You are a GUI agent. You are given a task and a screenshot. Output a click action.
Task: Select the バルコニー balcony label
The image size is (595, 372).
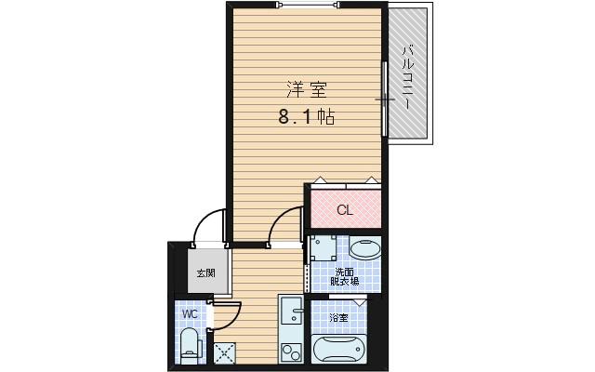(407, 74)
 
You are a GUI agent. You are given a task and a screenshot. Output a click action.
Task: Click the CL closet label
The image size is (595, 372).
(344, 210)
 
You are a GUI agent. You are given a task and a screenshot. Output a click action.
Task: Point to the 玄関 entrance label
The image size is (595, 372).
(205, 273)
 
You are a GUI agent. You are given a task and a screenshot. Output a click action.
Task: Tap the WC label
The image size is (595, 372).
(190, 314)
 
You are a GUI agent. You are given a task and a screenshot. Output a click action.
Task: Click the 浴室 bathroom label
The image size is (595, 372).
(338, 318)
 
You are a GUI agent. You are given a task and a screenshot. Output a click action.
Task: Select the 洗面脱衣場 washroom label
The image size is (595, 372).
(347, 275)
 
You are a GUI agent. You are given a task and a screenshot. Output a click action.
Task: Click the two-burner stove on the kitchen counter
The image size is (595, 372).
(291, 352)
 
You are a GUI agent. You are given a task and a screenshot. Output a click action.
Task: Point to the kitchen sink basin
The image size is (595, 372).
(291, 314)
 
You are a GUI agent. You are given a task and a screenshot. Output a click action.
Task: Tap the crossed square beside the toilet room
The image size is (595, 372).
(224, 352)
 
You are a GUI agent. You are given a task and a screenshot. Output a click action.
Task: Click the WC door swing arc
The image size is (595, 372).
(228, 316)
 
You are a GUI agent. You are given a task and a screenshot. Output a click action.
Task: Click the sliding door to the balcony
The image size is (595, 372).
(385, 98)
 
